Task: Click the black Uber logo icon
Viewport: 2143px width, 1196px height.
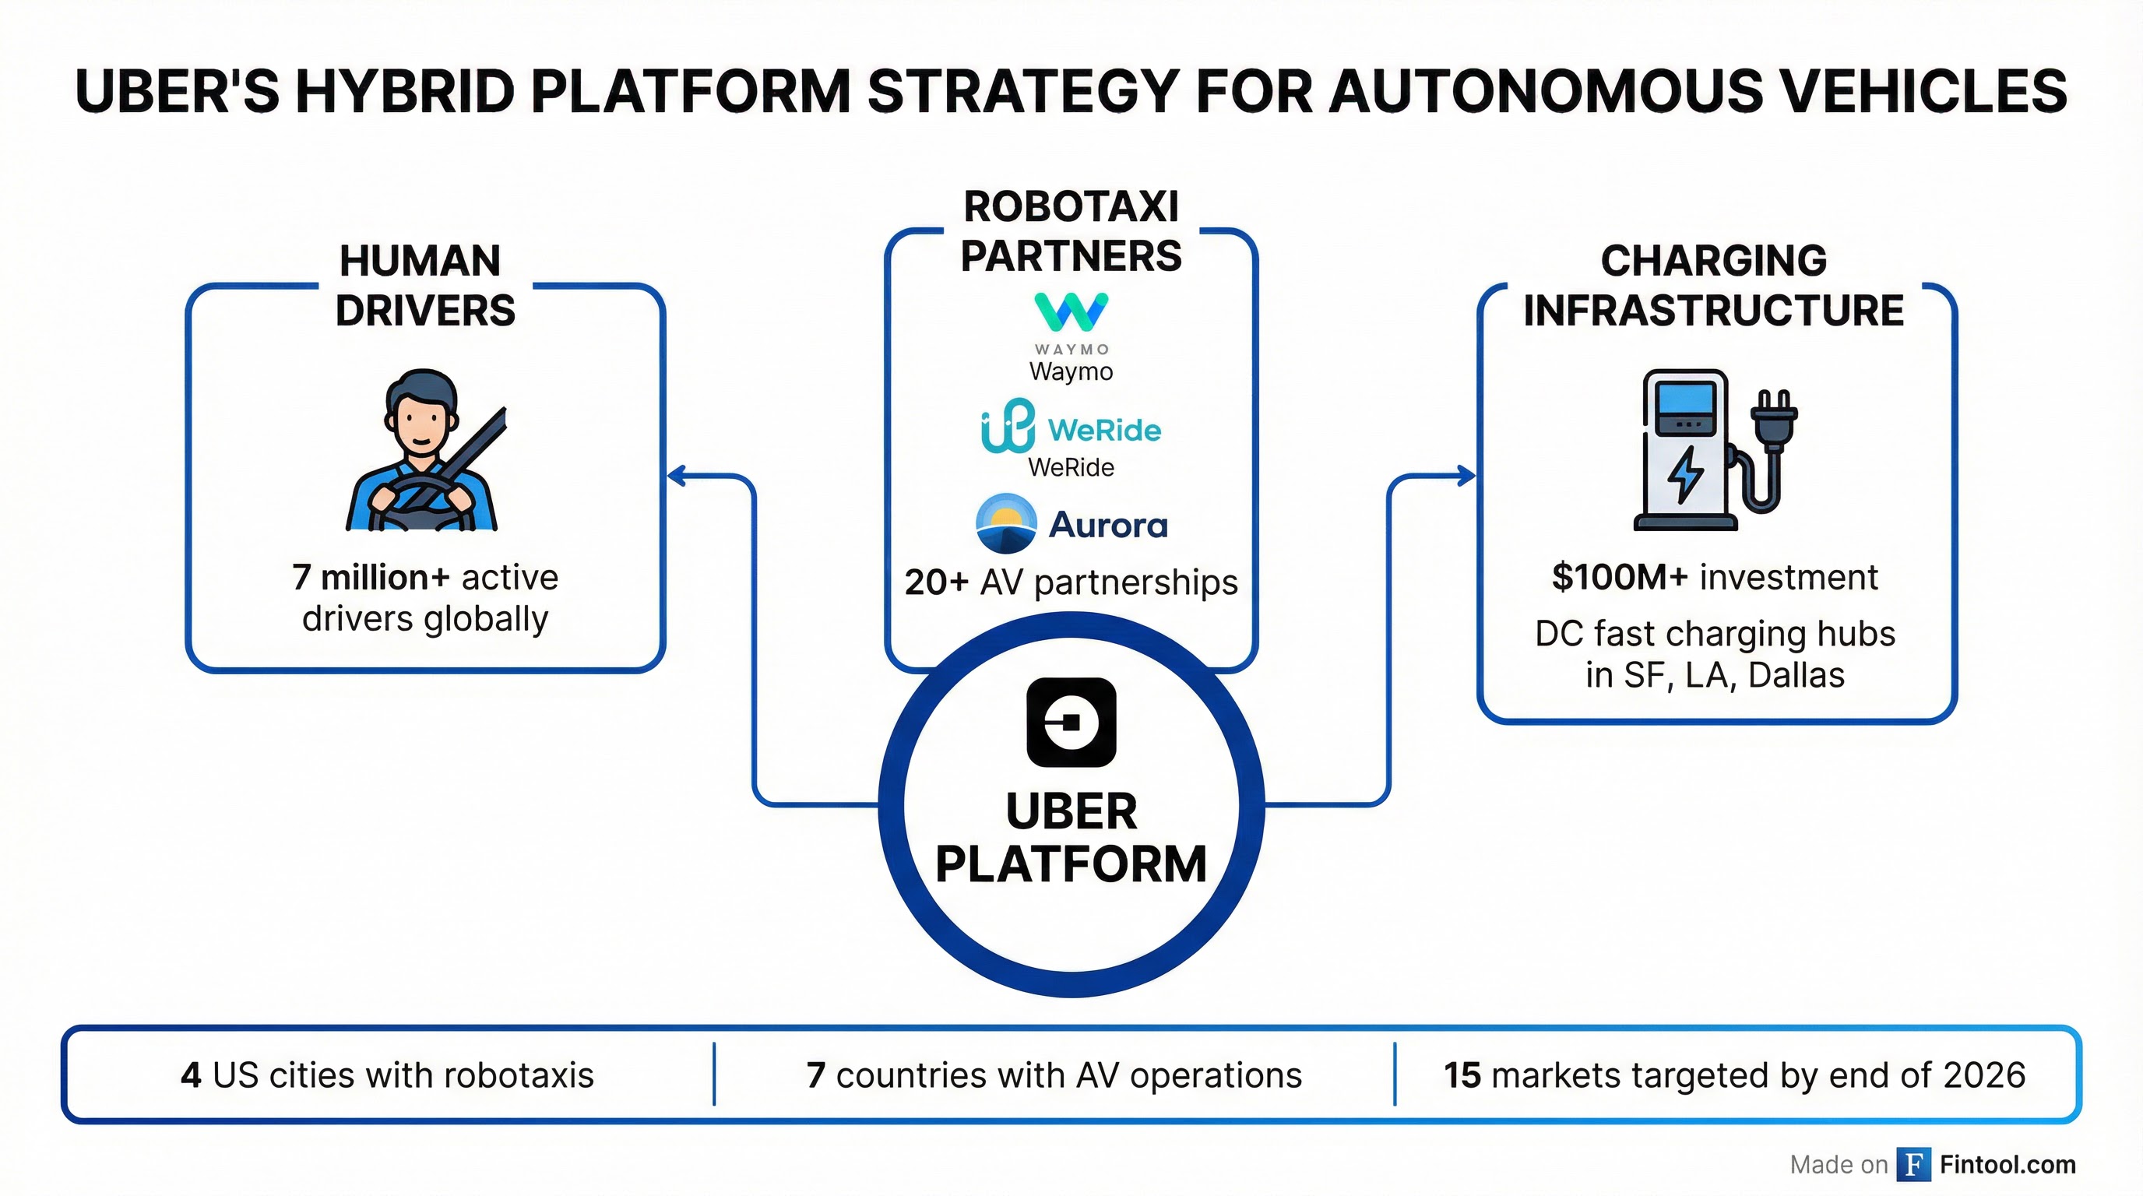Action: (1071, 722)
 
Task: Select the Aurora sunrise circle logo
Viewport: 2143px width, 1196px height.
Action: (1006, 524)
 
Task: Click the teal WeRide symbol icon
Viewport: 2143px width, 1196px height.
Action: (1008, 426)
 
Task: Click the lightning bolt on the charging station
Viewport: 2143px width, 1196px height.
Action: (1686, 474)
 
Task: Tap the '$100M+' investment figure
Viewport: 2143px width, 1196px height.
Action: (1619, 577)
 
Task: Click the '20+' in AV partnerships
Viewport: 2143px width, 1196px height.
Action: (936, 582)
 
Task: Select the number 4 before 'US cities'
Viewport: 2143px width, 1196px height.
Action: (191, 1075)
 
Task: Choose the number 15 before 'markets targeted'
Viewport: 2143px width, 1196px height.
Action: (1462, 1075)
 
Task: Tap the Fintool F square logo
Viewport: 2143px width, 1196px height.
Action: (1913, 1164)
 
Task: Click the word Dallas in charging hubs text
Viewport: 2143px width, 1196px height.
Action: (1796, 675)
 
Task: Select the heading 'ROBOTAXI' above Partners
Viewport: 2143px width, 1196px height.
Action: (1071, 207)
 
